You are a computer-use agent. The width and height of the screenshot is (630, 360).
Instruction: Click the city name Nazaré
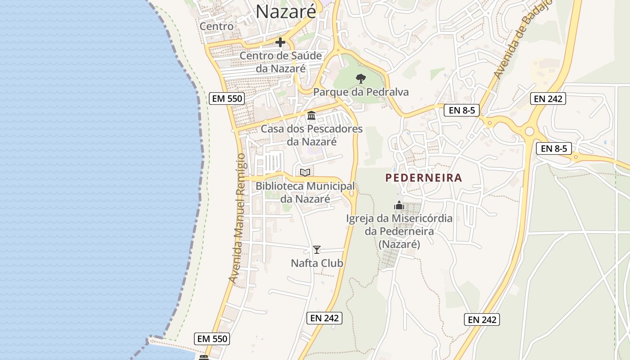[x=286, y=12]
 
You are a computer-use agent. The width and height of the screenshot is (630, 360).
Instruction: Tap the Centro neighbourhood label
[x=216, y=26]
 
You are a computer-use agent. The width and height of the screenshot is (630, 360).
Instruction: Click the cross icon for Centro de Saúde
[x=280, y=43]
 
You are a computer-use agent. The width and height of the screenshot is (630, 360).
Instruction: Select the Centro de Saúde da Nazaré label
[x=281, y=62]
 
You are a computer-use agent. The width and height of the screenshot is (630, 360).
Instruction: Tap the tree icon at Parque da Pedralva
[x=360, y=79]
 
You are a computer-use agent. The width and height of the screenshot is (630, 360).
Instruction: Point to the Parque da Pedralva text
[x=361, y=92]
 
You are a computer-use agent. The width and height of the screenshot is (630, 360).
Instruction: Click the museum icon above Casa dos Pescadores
[x=311, y=116]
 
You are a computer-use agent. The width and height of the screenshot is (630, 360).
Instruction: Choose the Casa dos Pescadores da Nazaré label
[x=312, y=135]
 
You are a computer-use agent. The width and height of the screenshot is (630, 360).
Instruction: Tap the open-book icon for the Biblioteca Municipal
[x=305, y=172]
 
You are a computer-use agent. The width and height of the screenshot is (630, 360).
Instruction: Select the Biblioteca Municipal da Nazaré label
[x=305, y=192]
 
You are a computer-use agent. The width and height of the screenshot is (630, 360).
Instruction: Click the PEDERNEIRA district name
[x=423, y=178]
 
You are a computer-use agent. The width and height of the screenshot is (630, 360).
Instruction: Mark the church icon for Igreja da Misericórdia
[x=399, y=206]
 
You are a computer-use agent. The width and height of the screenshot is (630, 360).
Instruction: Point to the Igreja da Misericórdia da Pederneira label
[x=399, y=231]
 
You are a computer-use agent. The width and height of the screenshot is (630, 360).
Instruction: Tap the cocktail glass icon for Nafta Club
[x=317, y=250]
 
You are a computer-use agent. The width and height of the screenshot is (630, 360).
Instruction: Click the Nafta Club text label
[x=317, y=263]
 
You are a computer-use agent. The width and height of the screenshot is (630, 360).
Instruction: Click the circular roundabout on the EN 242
[x=529, y=131]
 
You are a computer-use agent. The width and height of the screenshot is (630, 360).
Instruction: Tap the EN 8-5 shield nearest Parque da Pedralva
[x=462, y=110]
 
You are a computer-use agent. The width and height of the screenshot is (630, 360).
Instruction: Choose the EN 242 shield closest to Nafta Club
[x=324, y=318]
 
